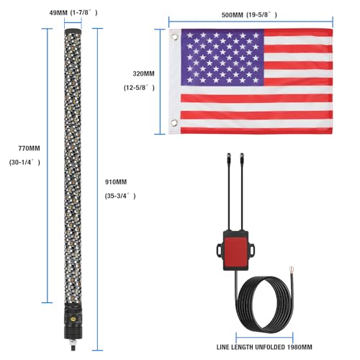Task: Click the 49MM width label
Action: point(58,13)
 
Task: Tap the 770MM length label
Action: point(29,148)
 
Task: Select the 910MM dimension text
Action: point(116,182)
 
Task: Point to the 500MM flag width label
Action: point(232,15)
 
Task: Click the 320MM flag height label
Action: point(143,73)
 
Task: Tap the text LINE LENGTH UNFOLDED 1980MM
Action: point(264,347)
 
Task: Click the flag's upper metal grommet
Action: point(174,37)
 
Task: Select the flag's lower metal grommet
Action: point(174,122)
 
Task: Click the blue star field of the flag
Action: point(222,58)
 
